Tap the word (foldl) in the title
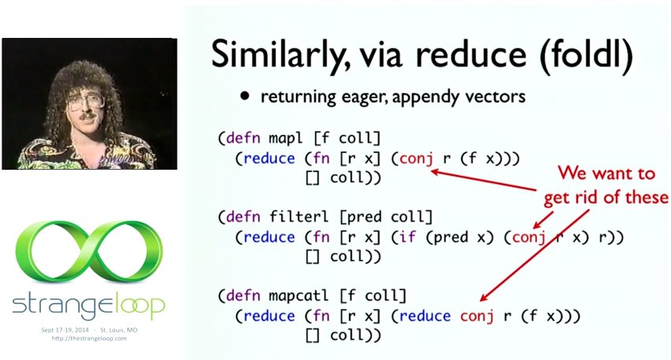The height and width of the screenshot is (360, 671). pyautogui.click(x=586, y=54)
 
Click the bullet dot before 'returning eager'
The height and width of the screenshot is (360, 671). pyautogui.click(x=245, y=96)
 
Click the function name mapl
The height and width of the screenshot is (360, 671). pyautogui.click(x=286, y=138)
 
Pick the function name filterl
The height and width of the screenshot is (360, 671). pyautogui.click(x=298, y=216)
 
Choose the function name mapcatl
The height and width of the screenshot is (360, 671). pyautogui.click(x=298, y=295)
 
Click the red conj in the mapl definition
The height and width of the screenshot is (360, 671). pyautogui.click(x=416, y=159)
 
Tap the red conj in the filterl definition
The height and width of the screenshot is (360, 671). pyautogui.click(x=529, y=238)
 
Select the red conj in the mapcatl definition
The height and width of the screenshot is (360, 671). pyautogui.click(x=477, y=317)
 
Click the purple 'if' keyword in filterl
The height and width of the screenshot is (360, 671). pyautogui.click(x=408, y=237)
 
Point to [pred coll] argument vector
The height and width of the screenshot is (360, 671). pyautogui.click(x=385, y=217)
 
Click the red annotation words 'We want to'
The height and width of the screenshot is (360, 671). pyautogui.click(x=606, y=174)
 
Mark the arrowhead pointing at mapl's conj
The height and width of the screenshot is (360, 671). pyautogui.click(x=436, y=172)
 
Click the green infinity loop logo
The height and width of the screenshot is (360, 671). pyautogui.click(x=89, y=252)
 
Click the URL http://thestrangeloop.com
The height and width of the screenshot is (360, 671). pyautogui.click(x=89, y=338)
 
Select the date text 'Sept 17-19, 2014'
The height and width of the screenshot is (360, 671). pyautogui.click(x=65, y=330)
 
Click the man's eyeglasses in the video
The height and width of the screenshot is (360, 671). pyautogui.click(x=84, y=103)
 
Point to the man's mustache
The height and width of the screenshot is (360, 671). pyautogui.click(x=87, y=116)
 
